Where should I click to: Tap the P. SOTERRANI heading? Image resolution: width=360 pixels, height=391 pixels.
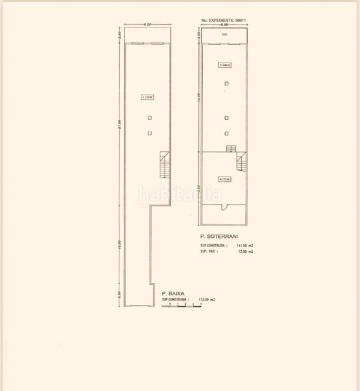(219, 235)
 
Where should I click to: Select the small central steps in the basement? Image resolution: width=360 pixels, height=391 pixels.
(230, 149)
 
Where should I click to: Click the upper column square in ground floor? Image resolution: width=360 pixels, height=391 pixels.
(149, 118)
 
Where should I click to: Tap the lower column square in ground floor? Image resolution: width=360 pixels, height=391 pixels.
(149, 133)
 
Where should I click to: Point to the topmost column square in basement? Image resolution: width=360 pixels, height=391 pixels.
(226, 83)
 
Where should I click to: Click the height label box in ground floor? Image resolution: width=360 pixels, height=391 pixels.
(147, 98)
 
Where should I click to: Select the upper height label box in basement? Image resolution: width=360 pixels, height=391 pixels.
(226, 65)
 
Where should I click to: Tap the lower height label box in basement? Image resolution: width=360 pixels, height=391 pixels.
(224, 179)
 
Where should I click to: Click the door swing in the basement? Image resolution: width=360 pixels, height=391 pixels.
(224, 208)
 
